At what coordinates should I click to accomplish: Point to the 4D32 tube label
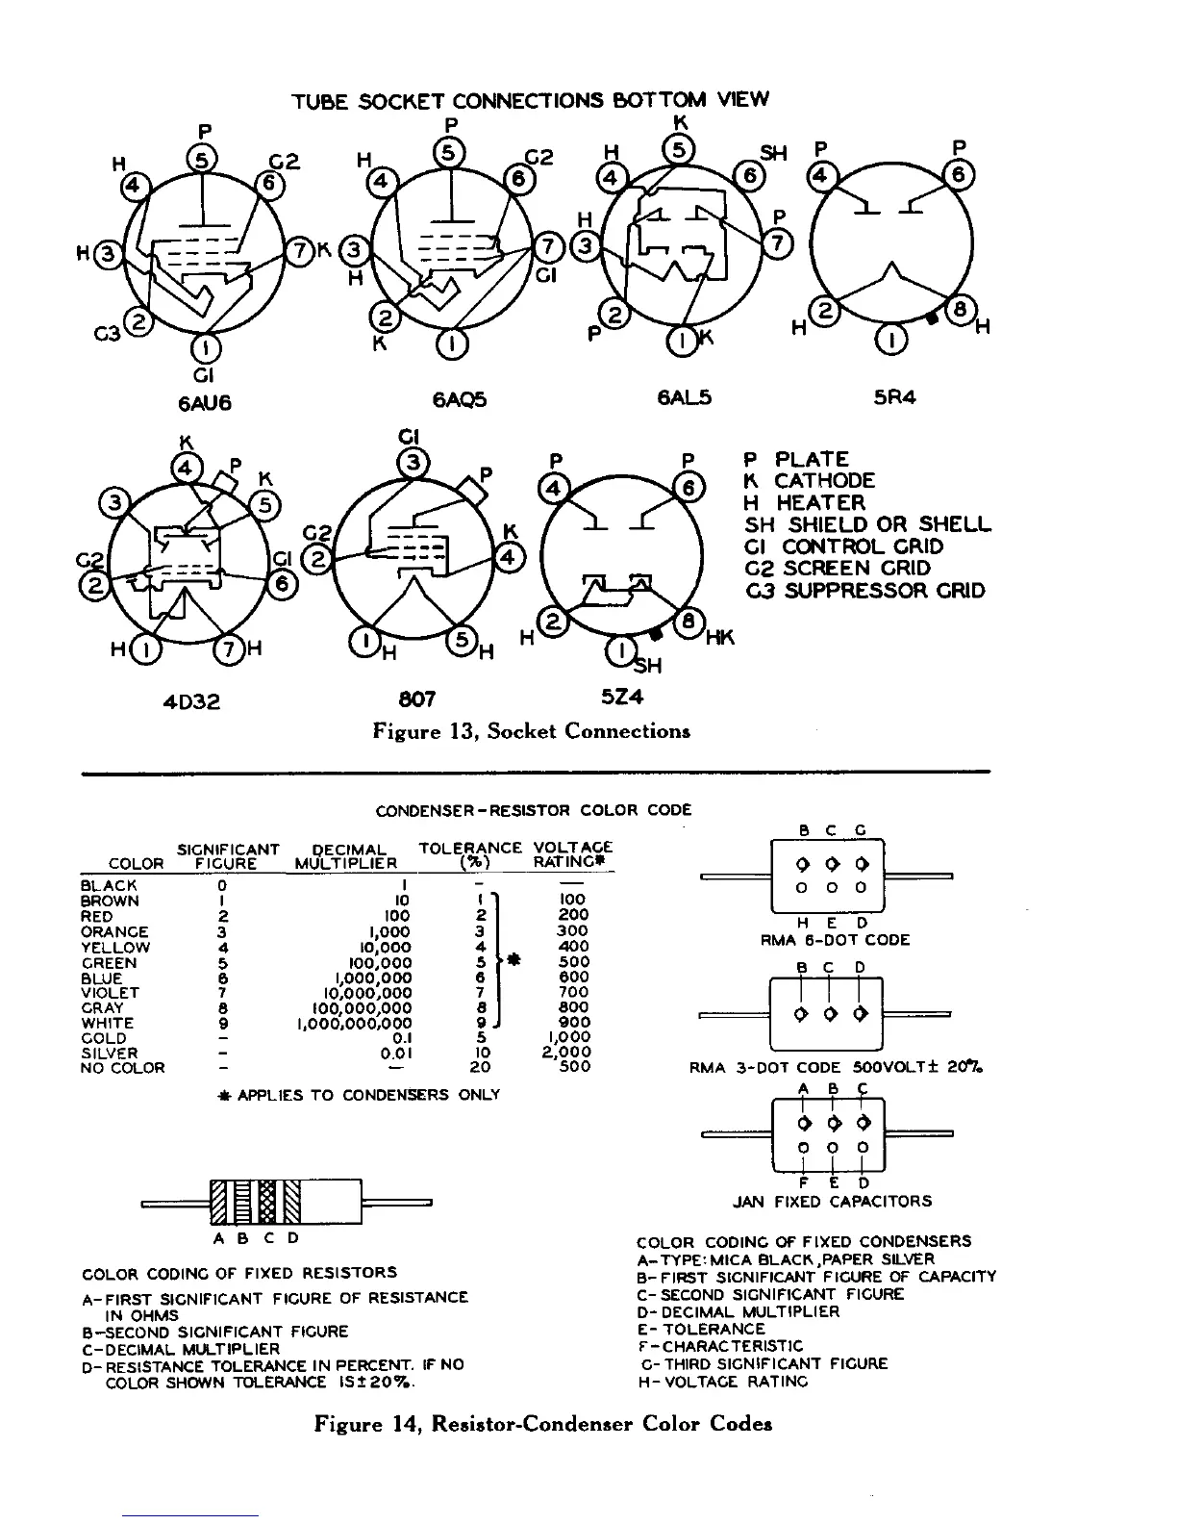point(190,701)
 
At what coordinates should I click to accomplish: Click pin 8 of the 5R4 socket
point(958,310)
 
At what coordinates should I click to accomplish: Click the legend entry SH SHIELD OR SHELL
point(866,524)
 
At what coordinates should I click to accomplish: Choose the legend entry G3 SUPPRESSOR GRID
point(864,591)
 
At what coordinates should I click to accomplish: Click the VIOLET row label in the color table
point(111,993)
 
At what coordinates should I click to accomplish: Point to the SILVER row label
point(110,1054)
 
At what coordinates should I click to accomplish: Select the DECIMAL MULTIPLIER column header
point(350,856)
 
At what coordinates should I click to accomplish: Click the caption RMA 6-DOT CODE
point(834,940)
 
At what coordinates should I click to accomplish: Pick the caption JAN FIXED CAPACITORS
point(832,1202)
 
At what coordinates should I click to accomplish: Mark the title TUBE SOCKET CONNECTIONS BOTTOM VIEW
point(530,100)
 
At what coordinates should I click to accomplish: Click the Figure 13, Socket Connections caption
point(531,731)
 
